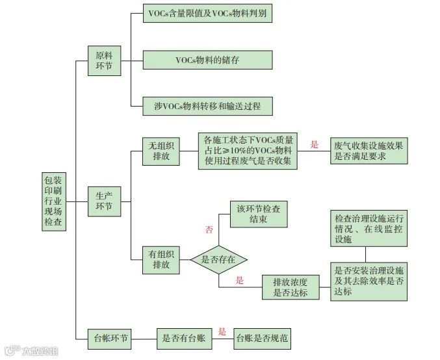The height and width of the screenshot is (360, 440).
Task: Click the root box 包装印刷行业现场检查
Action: click(53, 201)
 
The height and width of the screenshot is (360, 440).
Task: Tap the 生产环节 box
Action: click(104, 201)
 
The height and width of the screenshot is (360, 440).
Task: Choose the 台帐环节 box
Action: click(109, 338)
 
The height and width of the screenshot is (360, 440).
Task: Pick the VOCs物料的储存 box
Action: click(207, 60)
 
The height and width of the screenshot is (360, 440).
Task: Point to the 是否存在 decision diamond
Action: click(218, 259)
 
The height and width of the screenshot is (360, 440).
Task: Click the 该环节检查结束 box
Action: click(258, 214)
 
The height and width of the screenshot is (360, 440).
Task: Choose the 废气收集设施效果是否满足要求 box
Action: click(368, 151)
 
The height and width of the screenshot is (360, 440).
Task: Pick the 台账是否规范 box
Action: click(262, 338)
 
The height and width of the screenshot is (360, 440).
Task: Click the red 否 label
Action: click(209, 230)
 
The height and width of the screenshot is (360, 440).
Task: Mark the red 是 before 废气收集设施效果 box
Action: click(315, 145)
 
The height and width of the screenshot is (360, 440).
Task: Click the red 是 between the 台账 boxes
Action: click(222, 331)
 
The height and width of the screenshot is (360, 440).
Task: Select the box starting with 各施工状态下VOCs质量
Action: click(247, 151)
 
